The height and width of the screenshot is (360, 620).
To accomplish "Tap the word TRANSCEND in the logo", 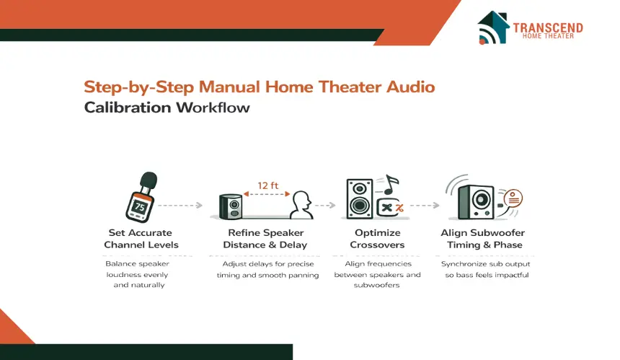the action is click(x=548, y=27).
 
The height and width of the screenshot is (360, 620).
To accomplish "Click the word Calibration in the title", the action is click(x=128, y=107).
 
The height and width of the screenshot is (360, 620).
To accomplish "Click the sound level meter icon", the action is click(x=141, y=197).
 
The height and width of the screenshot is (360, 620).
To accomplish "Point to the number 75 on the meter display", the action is click(x=140, y=206).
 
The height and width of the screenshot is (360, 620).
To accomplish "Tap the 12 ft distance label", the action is click(x=267, y=185).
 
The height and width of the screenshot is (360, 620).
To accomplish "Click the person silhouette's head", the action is click(x=302, y=200).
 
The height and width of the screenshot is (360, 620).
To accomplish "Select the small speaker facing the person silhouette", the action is click(x=231, y=206).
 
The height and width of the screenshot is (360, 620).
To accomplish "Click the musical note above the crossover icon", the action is click(x=391, y=185).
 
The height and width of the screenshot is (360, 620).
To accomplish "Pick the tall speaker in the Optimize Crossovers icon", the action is click(x=360, y=198).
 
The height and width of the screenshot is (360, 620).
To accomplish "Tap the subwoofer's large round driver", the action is click(x=481, y=199).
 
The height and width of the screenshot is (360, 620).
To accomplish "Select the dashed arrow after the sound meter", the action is click(x=180, y=206).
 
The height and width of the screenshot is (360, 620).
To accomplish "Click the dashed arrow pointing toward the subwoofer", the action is click(x=425, y=206).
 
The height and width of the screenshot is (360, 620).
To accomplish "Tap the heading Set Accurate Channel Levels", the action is click(x=141, y=239).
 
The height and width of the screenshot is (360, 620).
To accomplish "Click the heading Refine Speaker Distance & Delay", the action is click(x=265, y=239).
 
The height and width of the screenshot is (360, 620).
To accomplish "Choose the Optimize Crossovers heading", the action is click(x=377, y=239).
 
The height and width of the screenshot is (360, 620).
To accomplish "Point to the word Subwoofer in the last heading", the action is click(x=499, y=232).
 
